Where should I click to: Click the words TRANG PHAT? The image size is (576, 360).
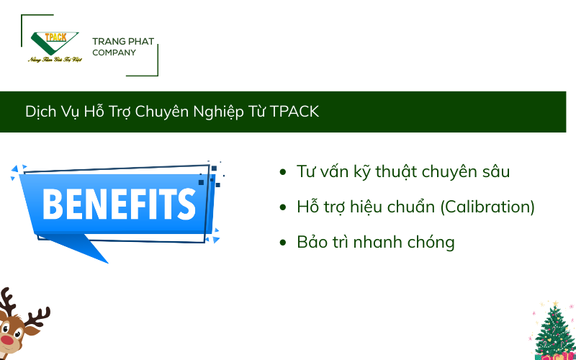tap(124, 41)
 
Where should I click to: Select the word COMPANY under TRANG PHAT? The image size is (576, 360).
tap(114, 53)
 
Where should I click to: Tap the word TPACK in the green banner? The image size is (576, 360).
tap(295, 112)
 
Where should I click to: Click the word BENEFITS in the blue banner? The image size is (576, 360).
tap(119, 203)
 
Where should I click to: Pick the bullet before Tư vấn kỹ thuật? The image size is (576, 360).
tap(283, 172)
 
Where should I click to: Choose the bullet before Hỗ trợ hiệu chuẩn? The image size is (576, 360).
tap(283, 207)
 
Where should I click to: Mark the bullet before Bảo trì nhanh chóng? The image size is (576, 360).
tap(283, 242)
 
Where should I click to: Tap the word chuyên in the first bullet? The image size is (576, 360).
tap(447, 172)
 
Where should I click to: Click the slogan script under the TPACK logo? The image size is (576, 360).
tap(55, 59)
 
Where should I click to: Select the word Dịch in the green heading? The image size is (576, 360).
tap(38, 112)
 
